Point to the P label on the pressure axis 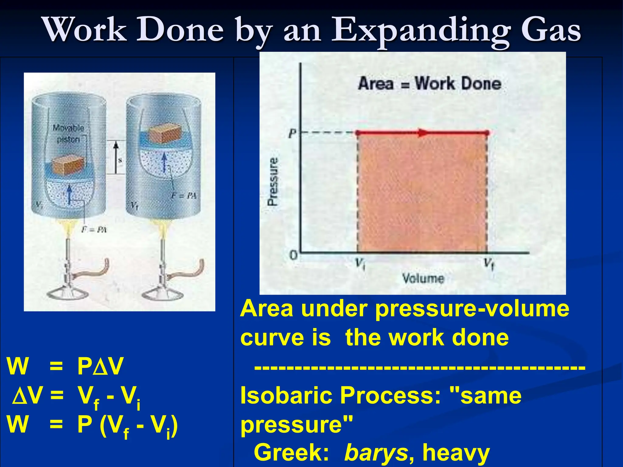[292, 133]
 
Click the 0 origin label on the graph [293, 255]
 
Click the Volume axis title [423, 278]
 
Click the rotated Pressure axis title [273, 182]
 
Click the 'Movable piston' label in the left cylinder [68, 133]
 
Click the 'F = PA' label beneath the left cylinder [94, 230]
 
